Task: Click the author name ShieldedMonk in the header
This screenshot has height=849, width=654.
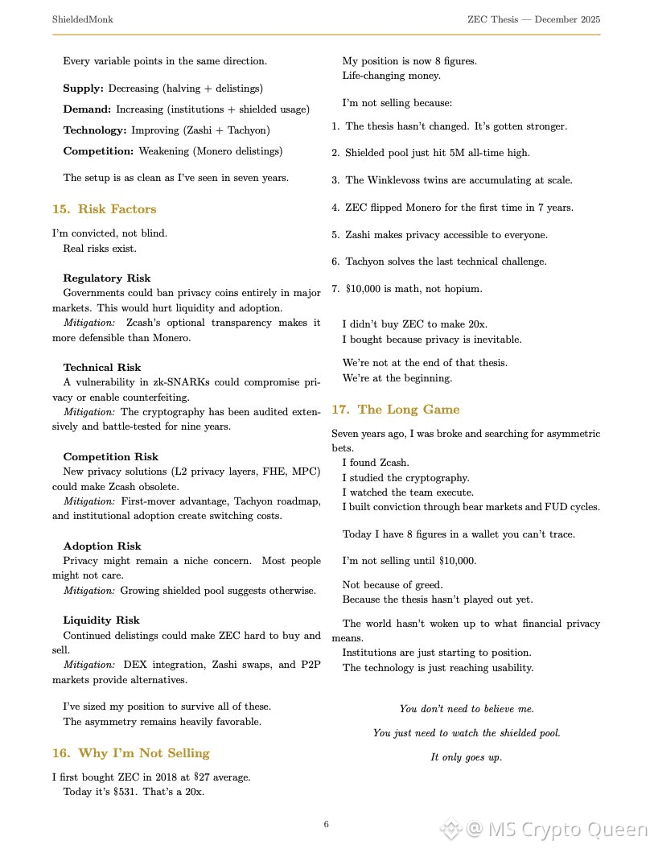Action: pyautogui.click(x=82, y=19)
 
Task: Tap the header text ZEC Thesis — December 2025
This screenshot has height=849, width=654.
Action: pyautogui.click(x=534, y=19)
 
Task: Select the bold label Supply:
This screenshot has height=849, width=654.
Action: pyautogui.click(x=84, y=88)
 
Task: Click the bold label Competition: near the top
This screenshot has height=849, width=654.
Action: pyautogui.click(x=98, y=151)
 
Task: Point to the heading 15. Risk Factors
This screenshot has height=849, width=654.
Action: pyautogui.click(x=105, y=209)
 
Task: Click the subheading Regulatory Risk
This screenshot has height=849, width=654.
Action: pyautogui.click(x=107, y=278)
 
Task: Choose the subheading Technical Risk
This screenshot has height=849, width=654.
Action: pyautogui.click(x=102, y=368)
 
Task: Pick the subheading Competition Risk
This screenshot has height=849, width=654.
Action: pyautogui.click(x=111, y=457)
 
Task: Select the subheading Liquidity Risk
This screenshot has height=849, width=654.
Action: pyautogui.click(x=101, y=620)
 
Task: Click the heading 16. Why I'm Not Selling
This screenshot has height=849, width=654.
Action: pyautogui.click(x=131, y=753)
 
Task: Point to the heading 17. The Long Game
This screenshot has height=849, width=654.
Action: pyautogui.click(x=396, y=410)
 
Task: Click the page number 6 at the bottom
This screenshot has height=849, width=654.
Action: pyautogui.click(x=327, y=824)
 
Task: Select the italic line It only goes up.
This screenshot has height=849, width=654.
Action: pyautogui.click(x=467, y=757)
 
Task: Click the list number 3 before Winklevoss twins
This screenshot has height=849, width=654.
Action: pyautogui.click(x=335, y=180)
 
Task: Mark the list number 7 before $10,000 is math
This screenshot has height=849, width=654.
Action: pyautogui.click(x=335, y=289)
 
